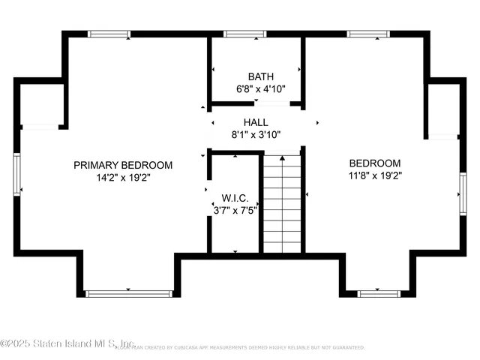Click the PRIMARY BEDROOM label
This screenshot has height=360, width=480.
[x=123, y=165]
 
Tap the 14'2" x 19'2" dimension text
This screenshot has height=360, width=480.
[x=123, y=178]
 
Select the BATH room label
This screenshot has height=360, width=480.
[x=260, y=76]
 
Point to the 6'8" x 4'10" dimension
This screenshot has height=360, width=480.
[x=260, y=89]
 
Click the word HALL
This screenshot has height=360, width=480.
[x=255, y=122]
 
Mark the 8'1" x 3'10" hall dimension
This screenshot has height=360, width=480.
[x=255, y=135]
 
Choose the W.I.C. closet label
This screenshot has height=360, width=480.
[x=234, y=199]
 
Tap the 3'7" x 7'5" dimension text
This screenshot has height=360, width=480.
[x=235, y=211]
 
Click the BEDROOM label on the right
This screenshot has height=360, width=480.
[x=375, y=163]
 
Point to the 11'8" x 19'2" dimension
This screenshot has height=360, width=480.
[x=375, y=177]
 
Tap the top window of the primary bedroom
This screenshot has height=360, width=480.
[x=109, y=34]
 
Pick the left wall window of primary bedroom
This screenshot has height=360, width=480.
[x=16, y=174]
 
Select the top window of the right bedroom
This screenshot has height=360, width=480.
[x=367, y=34]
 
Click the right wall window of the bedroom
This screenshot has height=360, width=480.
[x=463, y=187]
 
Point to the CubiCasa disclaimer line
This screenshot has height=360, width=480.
[x=247, y=348]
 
